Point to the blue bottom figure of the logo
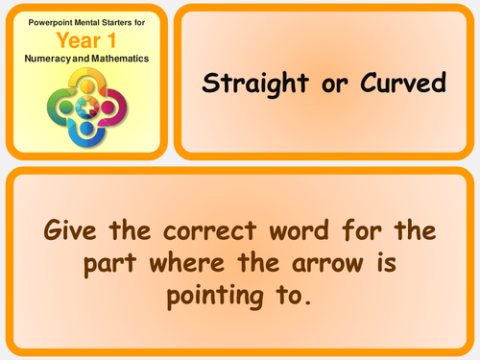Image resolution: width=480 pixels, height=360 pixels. [86, 126]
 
